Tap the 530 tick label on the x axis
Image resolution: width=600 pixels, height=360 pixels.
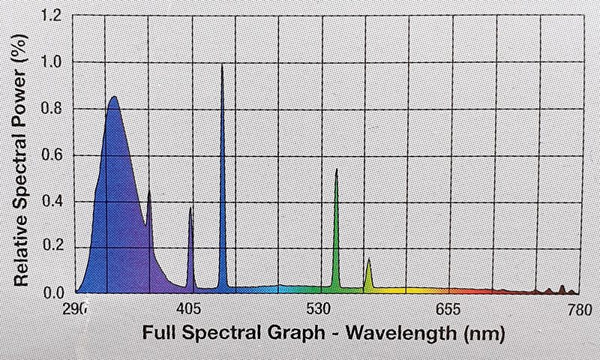(x=320, y=307)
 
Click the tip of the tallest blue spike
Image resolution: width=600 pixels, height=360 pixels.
(x=223, y=66)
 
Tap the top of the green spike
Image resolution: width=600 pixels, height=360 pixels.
(x=336, y=170)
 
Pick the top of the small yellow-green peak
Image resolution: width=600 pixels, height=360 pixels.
(x=369, y=259)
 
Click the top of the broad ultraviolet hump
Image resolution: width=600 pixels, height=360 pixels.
(x=113, y=97)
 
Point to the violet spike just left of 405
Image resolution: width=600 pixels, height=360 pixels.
(x=190, y=208)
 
